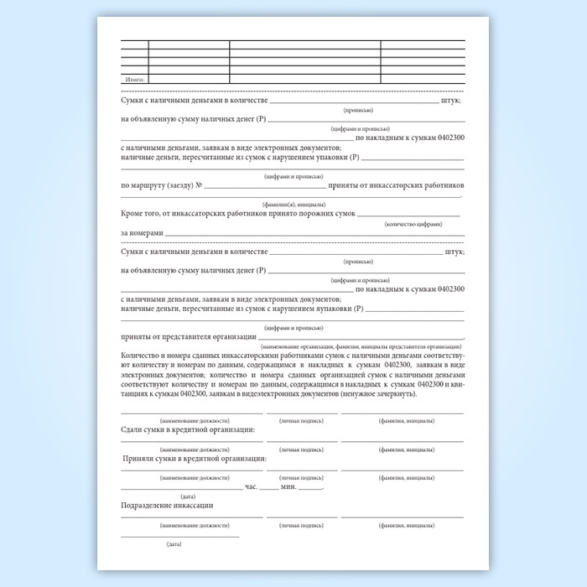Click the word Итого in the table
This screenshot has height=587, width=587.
coord(135,79)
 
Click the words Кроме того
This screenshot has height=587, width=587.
coord(143,214)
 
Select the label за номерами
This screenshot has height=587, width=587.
coord(141,232)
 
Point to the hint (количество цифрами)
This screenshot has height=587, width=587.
coord(413,225)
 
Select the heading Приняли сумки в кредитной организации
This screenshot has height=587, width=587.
coord(195,459)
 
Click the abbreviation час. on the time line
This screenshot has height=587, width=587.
coord(251,486)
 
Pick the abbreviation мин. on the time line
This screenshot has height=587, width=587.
coord(289,486)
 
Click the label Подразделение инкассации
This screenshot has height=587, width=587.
coord(167,506)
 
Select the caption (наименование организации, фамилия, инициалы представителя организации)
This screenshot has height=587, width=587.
coord(361,345)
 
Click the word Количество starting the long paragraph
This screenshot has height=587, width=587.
coord(140,356)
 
